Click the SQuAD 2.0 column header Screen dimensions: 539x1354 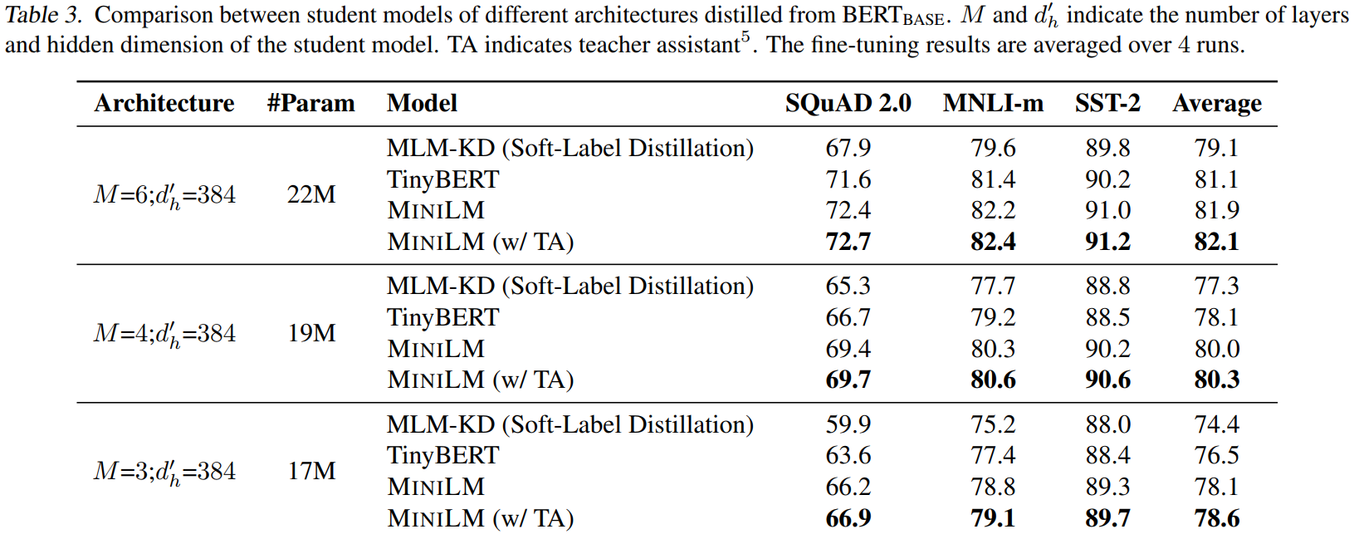[848, 103]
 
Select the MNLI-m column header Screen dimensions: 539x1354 [993, 103]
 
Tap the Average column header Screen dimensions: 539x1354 [1216, 104]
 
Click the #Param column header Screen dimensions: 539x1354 [310, 103]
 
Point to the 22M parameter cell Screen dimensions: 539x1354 [311, 194]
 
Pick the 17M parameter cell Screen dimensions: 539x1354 [311, 471]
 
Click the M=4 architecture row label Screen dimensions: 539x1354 [164, 333]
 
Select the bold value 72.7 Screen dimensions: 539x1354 [848, 242]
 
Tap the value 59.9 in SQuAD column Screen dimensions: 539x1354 [848, 424]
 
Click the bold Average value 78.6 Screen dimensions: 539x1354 [1216, 518]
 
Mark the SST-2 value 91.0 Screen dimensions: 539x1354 [1107, 210]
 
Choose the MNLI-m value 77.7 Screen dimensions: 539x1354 [993, 286]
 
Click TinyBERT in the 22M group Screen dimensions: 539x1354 [442, 179]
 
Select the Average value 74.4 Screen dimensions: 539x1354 [1216, 424]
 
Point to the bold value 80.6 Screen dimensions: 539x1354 [993, 380]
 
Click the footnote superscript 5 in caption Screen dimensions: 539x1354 [745, 37]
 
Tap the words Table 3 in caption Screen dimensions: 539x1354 [43, 15]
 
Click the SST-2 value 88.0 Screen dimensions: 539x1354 [1107, 424]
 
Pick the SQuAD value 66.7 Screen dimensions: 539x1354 [848, 317]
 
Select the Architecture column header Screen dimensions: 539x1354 [164, 103]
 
